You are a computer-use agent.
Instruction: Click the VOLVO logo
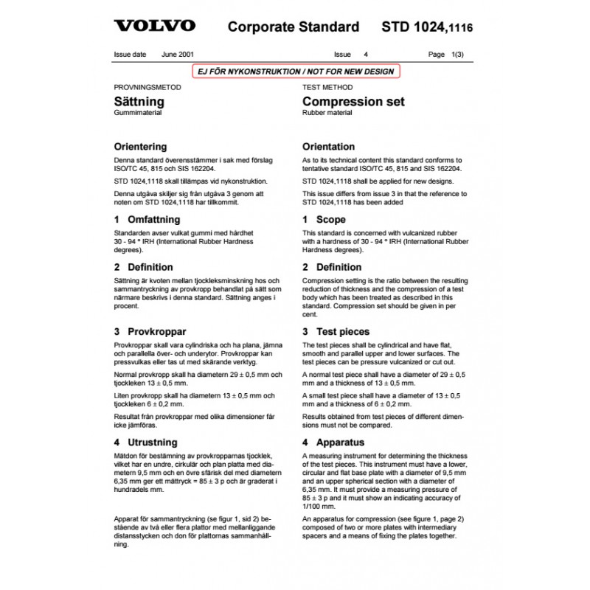pyautogui.click(x=155, y=26)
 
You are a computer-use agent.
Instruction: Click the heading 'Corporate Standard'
pyautogui.click(x=294, y=27)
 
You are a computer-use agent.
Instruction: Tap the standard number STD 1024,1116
pyautogui.click(x=427, y=28)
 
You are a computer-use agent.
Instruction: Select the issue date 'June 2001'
pyautogui.click(x=178, y=55)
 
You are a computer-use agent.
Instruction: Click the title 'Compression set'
pyautogui.click(x=353, y=102)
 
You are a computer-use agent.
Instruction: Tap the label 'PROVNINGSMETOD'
pyautogui.click(x=147, y=86)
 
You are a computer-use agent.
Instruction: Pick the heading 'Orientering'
pyautogui.click(x=140, y=147)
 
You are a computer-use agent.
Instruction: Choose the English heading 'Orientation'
pyautogui.click(x=328, y=147)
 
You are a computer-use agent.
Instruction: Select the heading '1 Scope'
pyautogui.click(x=323, y=220)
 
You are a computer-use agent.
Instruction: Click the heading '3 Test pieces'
pyautogui.click(x=336, y=332)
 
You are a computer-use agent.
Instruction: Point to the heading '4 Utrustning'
pyautogui.click(x=145, y=442)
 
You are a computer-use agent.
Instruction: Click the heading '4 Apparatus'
pyautogui.click(x=333, y=442)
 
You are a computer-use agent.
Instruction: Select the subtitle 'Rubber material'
pyautogui.click(x=327, y=113)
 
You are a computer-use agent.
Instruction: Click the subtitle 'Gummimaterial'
pyautogui.click(x=138, y=113)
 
